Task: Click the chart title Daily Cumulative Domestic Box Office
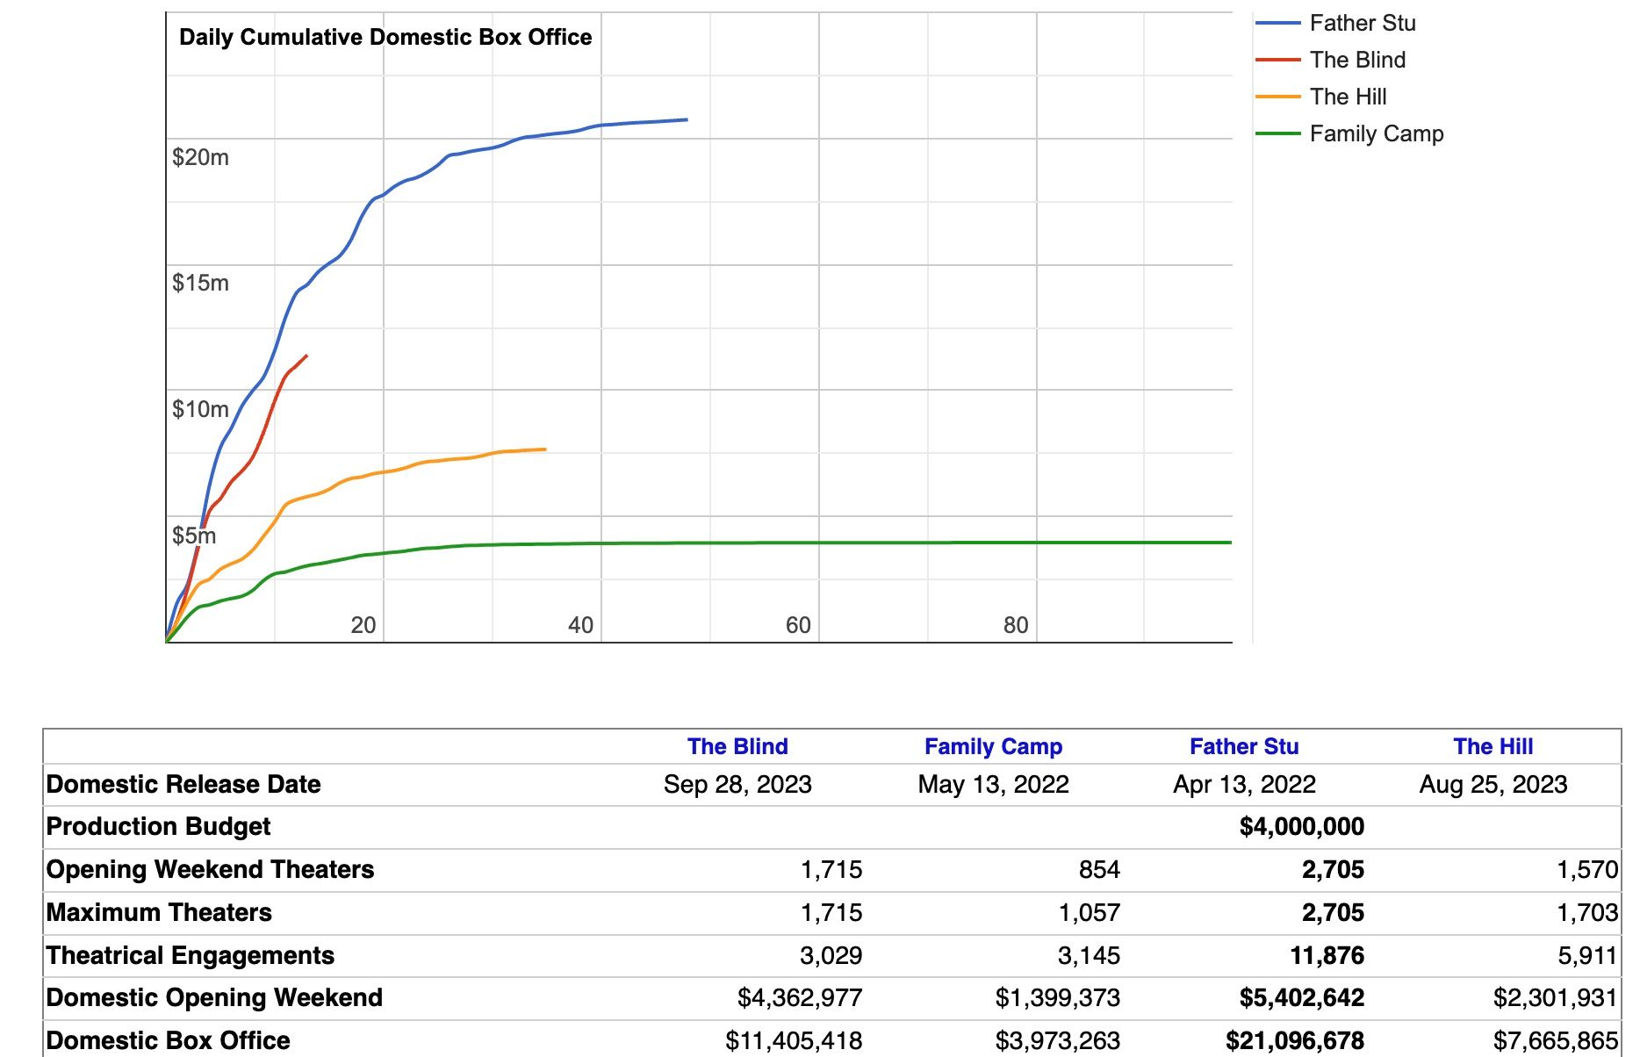(x=385, y=37)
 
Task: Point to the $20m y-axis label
(x=200, y=157)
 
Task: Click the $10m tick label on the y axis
(x=200, y=409)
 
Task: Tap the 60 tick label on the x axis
(x=798, y=625)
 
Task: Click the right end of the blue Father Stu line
(x=687, y=119)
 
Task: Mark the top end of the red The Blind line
(x=306, y=356)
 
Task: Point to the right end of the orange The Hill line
(x=545, y=449)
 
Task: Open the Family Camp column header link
(x=993, y=746)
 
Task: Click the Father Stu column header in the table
(x=1244, y=746)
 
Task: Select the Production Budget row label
(x=158, y=827)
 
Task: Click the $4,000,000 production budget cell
(x=1302, y=827)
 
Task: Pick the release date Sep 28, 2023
(x=737, y=784)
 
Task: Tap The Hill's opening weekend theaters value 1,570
(x=1587, y=870)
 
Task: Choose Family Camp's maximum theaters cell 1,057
(x=1090, y=913)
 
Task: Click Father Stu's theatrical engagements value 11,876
(x=1327, y=955)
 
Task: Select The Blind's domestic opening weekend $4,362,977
(x=800, y=998)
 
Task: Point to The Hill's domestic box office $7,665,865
(x=1556, y=1041)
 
